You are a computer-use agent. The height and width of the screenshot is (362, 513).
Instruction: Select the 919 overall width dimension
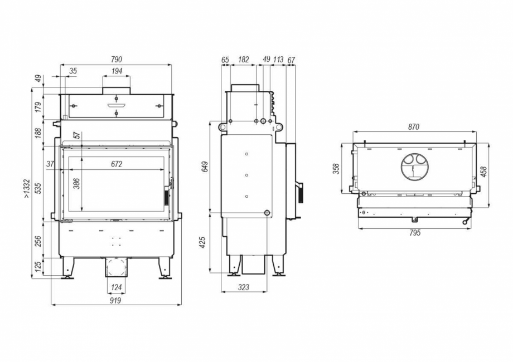(x=115, y=300)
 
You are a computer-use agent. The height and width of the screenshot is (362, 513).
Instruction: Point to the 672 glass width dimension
(x=117, y=164)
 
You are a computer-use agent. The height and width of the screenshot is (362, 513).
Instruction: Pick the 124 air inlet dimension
(x=116, y=287)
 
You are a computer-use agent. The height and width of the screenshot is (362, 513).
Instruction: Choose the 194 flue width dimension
(x=116, y=71)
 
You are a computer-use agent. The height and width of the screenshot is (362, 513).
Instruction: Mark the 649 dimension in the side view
(x=205, y=167)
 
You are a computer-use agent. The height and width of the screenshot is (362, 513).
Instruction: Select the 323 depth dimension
(x=243, y=287)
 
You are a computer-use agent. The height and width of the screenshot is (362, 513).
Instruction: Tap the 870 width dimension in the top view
(x=413, y=127)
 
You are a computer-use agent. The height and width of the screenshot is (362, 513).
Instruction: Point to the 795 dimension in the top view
(x=414, y=233)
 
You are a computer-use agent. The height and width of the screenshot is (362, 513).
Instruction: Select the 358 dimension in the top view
(x=336, y=168)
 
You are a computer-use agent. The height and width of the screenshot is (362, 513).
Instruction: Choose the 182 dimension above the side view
(x=243, y=60)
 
